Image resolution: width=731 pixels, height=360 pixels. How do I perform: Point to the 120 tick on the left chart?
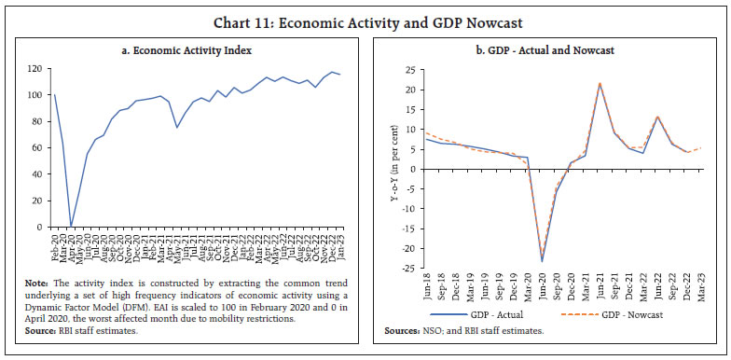pos(36,69)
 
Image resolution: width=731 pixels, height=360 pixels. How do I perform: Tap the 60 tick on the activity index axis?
pos(38,147)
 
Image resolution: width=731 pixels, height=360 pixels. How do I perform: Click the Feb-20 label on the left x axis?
pos(54,245)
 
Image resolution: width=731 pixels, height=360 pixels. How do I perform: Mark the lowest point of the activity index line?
pos(71,226)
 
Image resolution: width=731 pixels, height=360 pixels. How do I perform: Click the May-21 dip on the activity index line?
pos(176,128)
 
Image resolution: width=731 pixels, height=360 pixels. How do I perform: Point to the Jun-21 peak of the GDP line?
pos(599,84)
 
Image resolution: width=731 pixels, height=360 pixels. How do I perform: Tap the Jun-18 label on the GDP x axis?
pos(426,288)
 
